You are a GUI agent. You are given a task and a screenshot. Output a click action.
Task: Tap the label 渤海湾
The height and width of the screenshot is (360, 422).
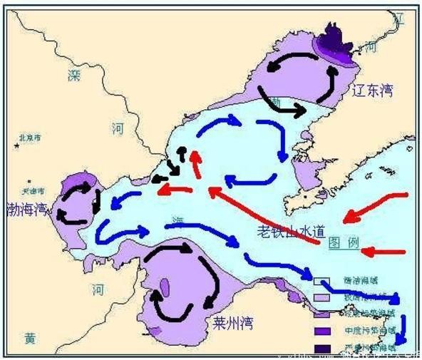[x=26, y=209]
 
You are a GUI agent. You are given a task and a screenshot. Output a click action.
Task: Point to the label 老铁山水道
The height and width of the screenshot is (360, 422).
[x=291, y=232]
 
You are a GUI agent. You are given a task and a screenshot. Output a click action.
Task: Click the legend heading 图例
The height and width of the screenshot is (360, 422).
[x=344, y=244]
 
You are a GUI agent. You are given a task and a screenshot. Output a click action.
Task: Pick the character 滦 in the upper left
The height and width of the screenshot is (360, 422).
[x=74, y=74]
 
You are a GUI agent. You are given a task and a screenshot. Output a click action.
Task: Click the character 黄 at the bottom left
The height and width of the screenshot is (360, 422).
[x=29, y=339]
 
